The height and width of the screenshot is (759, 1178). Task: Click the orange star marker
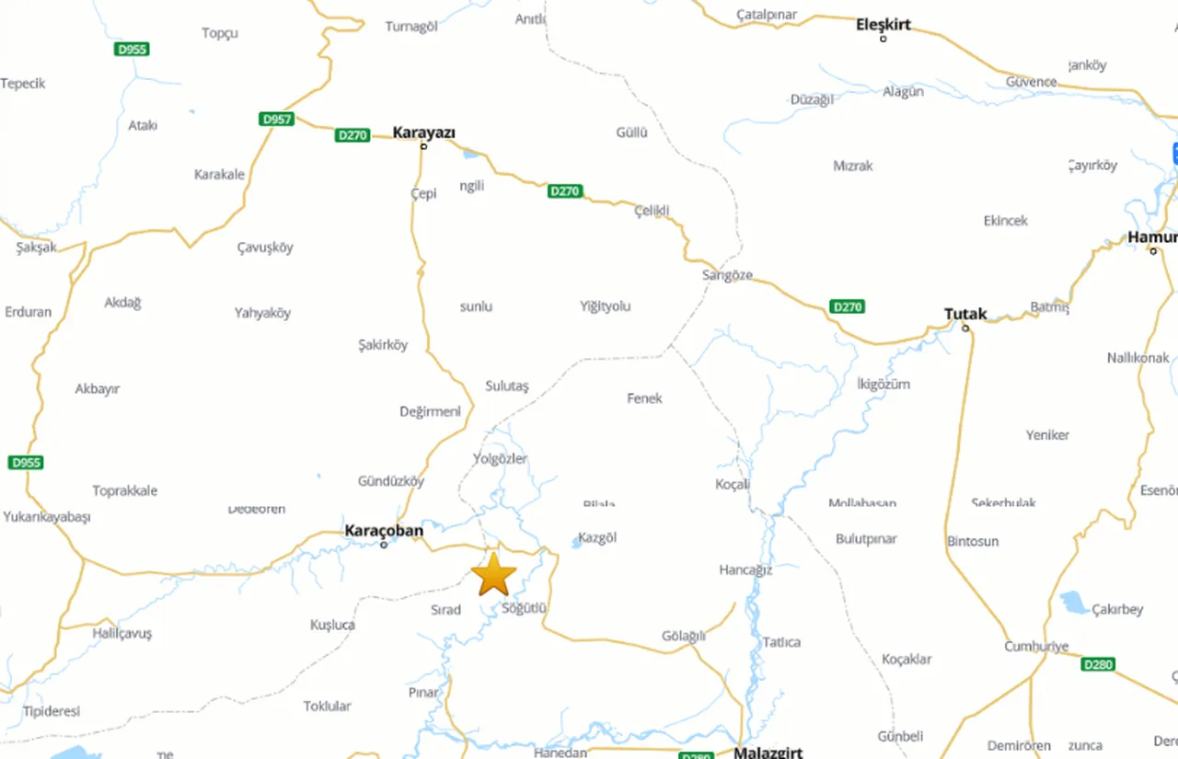pyautogui.click(x=494, y=574)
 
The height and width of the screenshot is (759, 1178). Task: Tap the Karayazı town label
pyautogui.click(x=424, y=132)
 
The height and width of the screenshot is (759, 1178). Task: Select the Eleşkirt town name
pyautogui.click(x=883, y=24)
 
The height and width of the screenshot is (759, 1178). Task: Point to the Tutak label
pyautogui.click(x=965, y=314)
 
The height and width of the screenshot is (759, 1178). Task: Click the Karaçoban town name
pyautogui.click(x=384, y=531)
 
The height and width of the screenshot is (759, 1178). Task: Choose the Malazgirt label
pyautogui.click(x=768, y=752)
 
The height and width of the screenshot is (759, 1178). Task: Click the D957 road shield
pyautogui.click(x=276, y=120)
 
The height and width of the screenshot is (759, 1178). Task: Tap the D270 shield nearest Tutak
pyautogui.click(x=847, y=306)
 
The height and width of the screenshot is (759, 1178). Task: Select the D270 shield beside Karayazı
pyautogui.click(x=352, y=135)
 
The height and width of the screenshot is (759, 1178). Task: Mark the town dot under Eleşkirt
pyautogui.click(x=883, y=39)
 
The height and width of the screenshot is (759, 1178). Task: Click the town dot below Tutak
pyautogui.click(x=965, y=328)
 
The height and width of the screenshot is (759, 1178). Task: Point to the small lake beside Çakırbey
pyautogui.click(x=1072, y=603)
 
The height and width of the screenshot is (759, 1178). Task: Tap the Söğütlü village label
pyautogui.click(x=525, y=608)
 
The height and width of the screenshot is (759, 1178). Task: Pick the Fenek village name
pyautogui.click(x=644, y=398)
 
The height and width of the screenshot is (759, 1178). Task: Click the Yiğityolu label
pyautogui.click(x=606, y=306)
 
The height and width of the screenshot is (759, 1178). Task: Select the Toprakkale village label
pyautogui.click(x=124, y=490)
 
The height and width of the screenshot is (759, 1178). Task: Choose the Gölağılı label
pyautogui.click(x=684, y=637)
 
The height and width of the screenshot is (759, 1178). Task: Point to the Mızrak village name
pyautogui.click(x=853, y=166)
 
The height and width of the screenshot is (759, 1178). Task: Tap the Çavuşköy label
pyautogui.click(x=265, y=247)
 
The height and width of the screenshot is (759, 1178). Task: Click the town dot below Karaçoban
pyautogui.click(x=385, y=545)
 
